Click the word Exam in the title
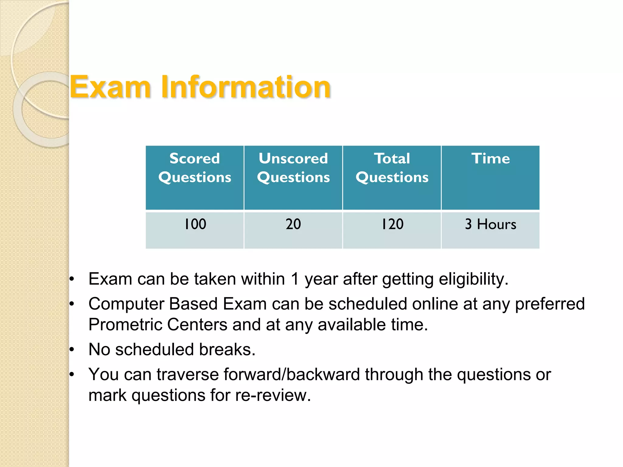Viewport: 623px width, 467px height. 110,88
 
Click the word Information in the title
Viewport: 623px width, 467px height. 246,88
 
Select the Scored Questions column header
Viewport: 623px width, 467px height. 195,168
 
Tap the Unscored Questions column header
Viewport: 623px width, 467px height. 293,168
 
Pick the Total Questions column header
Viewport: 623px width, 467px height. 392,168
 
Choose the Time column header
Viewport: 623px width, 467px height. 490,159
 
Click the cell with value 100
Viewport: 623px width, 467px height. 195,224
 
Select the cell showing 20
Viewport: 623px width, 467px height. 293,224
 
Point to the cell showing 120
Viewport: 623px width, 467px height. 392,224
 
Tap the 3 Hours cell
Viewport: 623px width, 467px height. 490,224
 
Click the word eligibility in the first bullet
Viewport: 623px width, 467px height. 473,279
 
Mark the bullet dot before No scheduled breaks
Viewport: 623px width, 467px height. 72,350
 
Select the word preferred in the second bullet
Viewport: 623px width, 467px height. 550,304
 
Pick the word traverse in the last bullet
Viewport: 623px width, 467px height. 187,374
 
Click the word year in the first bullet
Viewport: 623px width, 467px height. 321,279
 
